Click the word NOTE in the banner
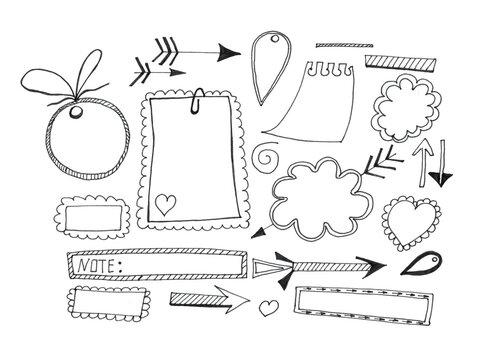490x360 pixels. pyautogui.click(x=96, y=266)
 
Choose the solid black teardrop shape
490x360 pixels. pyautogui.click(x=420, y=266)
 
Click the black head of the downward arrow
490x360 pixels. pyautogui.click(x=438, y=177)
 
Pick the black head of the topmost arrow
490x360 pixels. pyautogui.click(x=229, y=52)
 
